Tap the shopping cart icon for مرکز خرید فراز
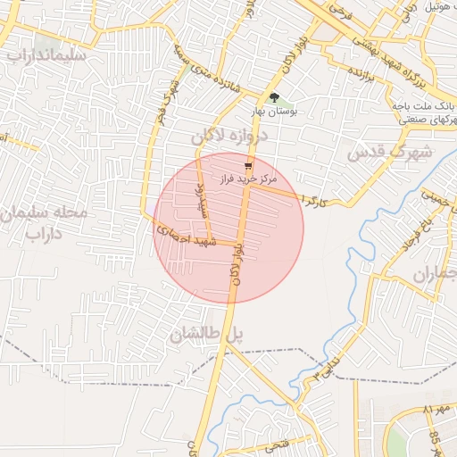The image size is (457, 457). [x=248, y=165]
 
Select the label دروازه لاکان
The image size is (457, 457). [x=229, y=137]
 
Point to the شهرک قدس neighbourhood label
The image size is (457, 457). [x=388, y=153]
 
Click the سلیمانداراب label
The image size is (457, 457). [x=45, y=54]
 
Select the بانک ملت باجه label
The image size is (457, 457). [x=424, y=104]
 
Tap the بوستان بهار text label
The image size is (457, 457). [x=274, y=113]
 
